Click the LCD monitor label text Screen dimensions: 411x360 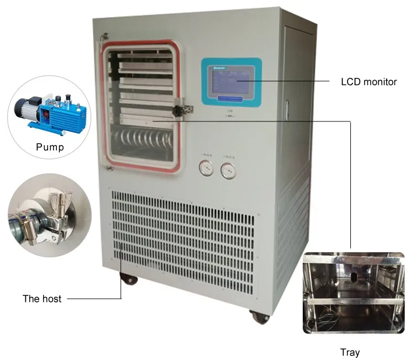point(368,82)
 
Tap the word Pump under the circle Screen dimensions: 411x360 point(50,147)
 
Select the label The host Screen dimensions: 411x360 point(41,299)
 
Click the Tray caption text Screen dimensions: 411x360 point(350,352)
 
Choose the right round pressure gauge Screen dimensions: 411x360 point(227,171)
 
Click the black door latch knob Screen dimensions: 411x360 point(178,110)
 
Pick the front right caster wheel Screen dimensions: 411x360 point(257,316)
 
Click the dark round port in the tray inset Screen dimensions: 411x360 point(352,274)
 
